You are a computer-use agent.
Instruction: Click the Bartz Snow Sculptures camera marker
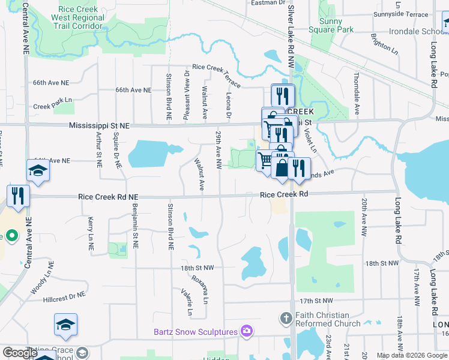tap(246, 331)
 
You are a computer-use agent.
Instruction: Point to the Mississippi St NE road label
tap(99, 126)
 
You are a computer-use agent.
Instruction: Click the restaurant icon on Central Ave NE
tap(18, 196)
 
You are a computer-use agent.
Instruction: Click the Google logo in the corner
tap(19, 353)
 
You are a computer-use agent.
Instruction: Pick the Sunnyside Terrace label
tap(400, 14)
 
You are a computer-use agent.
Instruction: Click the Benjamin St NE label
tap(135, 227)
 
